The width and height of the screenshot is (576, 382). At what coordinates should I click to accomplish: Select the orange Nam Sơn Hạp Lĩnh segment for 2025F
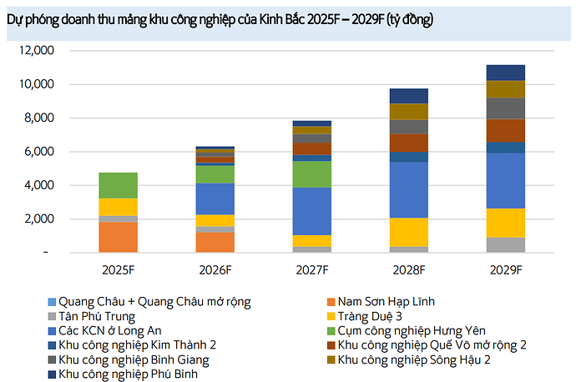[119, 237]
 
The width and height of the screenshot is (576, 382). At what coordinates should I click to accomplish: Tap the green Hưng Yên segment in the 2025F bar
[119, 185]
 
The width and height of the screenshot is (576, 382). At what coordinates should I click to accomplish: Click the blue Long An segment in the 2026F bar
[215, 199]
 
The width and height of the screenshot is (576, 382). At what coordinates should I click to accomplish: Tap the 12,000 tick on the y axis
[37, 51]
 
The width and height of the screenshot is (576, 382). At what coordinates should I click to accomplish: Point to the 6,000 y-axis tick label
[39, 152]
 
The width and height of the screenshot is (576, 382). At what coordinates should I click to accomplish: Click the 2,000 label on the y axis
[39, 219]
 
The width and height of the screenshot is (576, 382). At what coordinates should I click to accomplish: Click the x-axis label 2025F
[119, 270]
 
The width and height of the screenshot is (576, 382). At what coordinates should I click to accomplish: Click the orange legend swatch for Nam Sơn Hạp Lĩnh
[331, 302]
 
